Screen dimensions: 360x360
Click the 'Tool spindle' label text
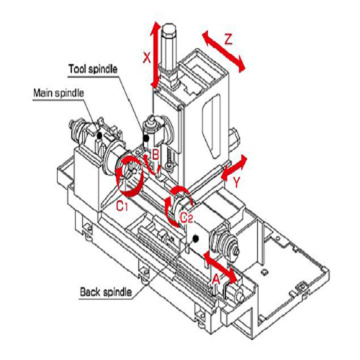(93, 69)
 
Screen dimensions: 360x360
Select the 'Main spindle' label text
(58, 93)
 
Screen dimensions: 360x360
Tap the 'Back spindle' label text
(106, 292)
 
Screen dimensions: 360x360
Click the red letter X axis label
(147, 58)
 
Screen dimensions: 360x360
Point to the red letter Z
(228, 39)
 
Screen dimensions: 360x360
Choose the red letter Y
(237, 182)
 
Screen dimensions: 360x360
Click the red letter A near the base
(216, 279)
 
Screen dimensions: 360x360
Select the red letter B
(156, 154)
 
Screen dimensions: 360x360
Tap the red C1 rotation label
(122, 206)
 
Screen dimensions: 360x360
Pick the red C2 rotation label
(186, 218)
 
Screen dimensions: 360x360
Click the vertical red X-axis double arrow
(156, 55)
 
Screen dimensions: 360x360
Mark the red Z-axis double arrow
(224, 52)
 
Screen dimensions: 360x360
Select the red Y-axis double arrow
(234, 167)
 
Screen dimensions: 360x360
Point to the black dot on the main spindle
(99, 136)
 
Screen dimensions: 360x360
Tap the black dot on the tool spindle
(145, 138)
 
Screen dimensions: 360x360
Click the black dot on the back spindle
(196, 238)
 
